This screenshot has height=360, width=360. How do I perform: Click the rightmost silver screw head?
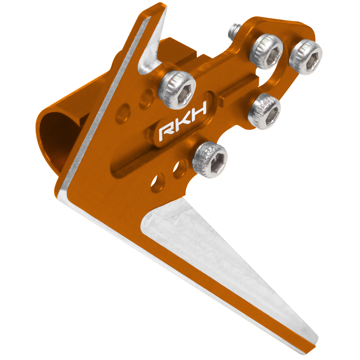[305, 57]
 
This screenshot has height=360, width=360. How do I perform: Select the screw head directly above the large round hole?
[267, 51]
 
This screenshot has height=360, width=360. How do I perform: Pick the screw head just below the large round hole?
[264, 112]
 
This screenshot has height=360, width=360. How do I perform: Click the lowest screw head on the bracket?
[210, 160]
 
